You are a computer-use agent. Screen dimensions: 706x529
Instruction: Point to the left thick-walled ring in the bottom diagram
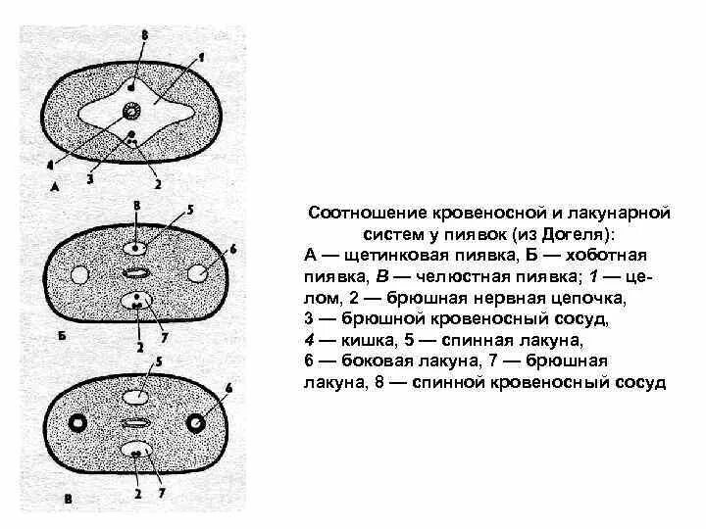tap(75, 423)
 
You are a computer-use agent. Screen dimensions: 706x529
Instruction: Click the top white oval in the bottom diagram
tap(136, 397)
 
